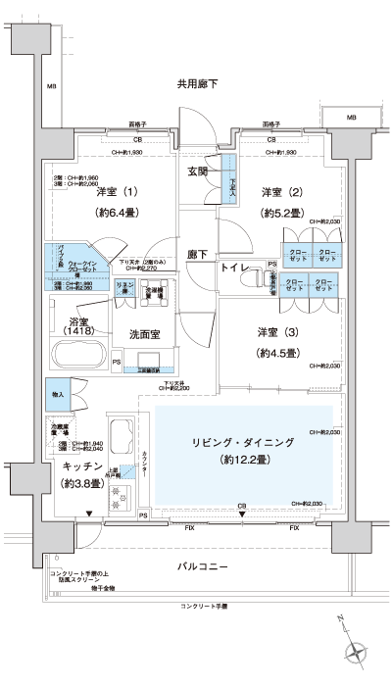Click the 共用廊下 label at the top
pos(197,84)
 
